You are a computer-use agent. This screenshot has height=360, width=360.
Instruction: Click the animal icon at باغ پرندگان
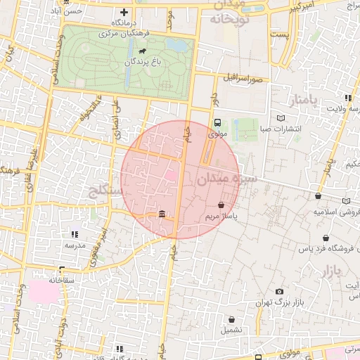coord(143,51)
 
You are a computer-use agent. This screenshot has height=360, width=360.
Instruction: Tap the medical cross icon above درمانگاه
coord(124,12)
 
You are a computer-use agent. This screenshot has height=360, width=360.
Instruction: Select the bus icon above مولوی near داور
coord(217,123)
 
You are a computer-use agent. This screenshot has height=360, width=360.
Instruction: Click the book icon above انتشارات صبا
coord(281,118)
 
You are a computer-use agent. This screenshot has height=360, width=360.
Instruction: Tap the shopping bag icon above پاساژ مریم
coord(221,205)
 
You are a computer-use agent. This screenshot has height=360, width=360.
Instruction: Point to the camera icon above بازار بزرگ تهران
coord(280,292)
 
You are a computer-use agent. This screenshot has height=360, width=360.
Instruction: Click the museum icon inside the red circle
coord(162,214)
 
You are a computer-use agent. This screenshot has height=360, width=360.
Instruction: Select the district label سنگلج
coord(105,190)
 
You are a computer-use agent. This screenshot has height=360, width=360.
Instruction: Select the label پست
coord(280,34)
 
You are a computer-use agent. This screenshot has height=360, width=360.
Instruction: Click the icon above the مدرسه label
coord(75,234)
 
